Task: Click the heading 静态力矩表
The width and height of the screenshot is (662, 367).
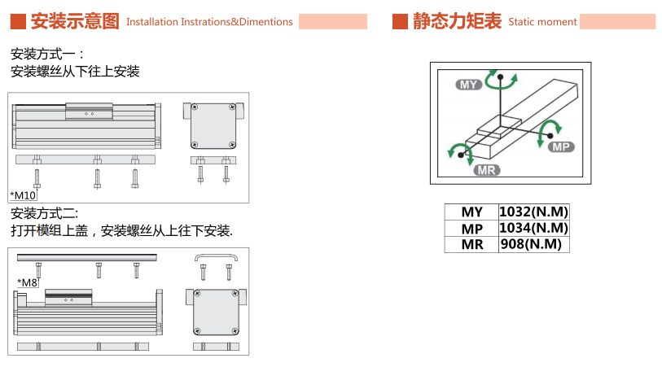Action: (457, 21)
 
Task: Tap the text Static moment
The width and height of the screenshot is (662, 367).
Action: (542, 22)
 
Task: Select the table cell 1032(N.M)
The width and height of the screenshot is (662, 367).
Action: (533, 212)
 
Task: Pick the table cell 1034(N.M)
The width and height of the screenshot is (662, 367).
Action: (533, 228)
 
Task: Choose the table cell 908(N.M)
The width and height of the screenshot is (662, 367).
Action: (533, 244)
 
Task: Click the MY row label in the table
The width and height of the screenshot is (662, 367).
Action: (472, 212)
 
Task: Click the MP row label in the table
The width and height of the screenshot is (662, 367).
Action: (472, 228)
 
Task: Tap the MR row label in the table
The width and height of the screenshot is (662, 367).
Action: (472, 244)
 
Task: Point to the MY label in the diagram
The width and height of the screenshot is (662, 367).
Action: (469, 84)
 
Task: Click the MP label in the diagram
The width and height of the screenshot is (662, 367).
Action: (561, 146)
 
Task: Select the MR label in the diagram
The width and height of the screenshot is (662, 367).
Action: (487, 169)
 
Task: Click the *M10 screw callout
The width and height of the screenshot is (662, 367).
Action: (24, 194)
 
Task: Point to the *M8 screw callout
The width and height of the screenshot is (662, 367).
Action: (28, 282)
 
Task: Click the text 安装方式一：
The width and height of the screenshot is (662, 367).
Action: (48, 55)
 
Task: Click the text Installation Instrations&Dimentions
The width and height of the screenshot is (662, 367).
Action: (209, 22)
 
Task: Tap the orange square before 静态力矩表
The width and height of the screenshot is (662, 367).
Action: (400, 21)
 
